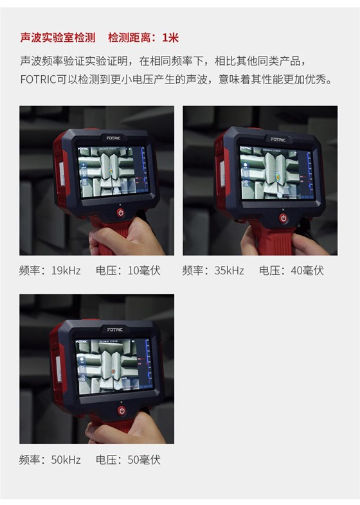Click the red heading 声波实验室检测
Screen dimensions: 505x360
[x=58, y=38]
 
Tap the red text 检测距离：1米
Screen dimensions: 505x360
[x=143, y=38]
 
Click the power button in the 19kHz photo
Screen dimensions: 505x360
[x=120, y=212]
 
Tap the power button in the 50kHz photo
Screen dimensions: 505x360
[x=121, y=409]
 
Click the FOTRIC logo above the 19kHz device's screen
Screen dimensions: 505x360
[x=114, y=137]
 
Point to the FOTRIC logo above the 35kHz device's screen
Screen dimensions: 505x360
[x=278, y=139]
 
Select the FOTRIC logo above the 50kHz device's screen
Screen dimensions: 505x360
[x=114, y=330]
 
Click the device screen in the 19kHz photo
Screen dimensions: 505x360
[x=111, y=172]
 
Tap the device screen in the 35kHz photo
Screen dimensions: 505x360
[x=275, y=174]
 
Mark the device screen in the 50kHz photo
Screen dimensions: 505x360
[x=112, y=366]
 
